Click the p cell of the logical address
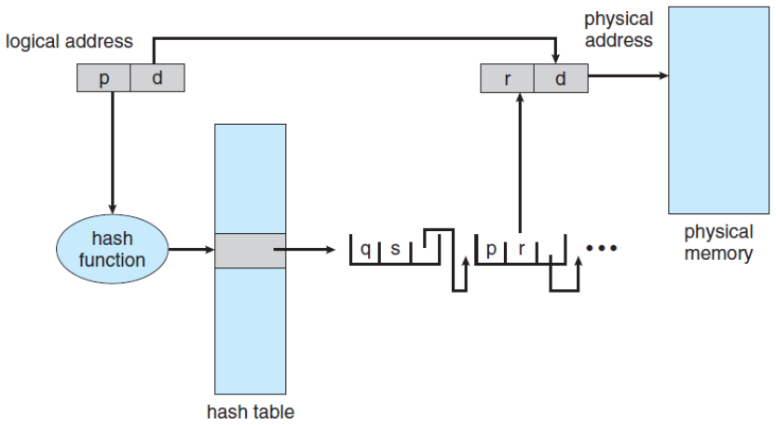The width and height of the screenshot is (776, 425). click(x=102, y=78)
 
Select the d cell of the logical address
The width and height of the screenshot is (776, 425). click(x=157, y=78)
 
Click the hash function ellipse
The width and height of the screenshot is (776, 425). click(x=113, y=250)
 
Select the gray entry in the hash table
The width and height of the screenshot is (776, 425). click(x=250, y=251)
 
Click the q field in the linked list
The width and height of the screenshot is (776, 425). click(x=365, y=250)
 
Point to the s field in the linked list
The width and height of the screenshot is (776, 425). click(x=395, y=250)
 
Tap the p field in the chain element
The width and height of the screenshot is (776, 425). click(x=491, y=250)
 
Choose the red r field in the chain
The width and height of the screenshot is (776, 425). click(x=521, y=250)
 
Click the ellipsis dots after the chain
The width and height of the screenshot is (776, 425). click(x=601, y=250)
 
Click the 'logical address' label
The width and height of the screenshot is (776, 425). click(x=69, y=42)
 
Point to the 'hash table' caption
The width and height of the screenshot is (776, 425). click(x=251, y=410)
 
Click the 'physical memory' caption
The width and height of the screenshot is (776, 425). click(x=718, y=242)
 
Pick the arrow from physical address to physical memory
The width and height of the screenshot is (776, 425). click(x=628, y=75)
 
